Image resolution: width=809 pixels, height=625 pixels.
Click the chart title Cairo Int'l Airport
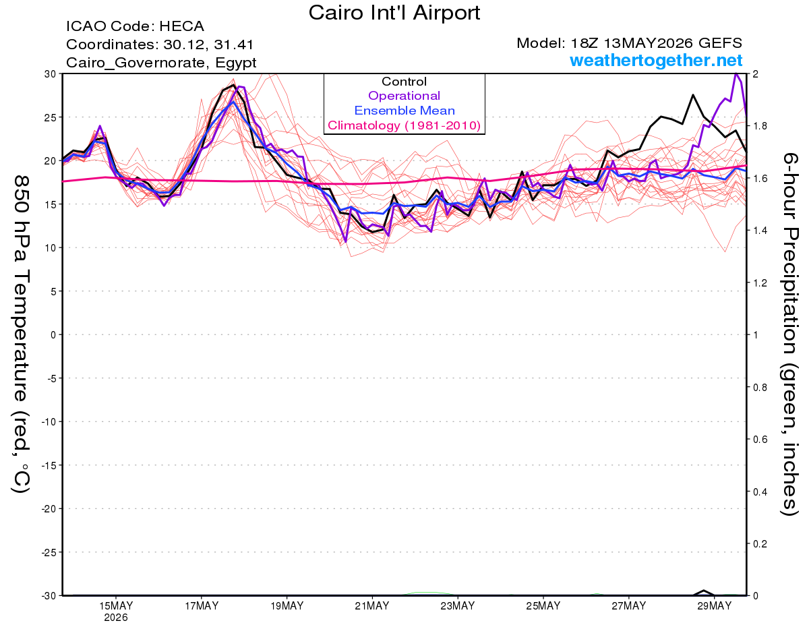point(394,13)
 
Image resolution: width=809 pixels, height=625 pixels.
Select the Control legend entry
point(404,82)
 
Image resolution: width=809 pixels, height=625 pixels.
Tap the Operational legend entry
point(404,96)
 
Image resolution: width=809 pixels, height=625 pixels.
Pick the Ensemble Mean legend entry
point(404,110)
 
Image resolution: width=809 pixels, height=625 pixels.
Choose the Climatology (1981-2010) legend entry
point(404,125)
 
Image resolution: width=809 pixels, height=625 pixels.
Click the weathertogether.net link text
point(656,60)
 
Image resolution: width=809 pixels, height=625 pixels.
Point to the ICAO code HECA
point(181,26)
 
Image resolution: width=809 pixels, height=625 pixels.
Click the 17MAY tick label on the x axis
point(202,606)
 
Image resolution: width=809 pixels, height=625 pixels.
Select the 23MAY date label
point(458,606)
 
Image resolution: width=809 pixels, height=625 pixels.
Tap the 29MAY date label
point(715,606)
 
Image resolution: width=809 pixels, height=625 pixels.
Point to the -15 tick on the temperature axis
point(49,465)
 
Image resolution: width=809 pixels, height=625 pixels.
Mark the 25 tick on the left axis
point(51,117)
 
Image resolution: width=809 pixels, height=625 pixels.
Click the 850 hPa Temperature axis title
point(21,334)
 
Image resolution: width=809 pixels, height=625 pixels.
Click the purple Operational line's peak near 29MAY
point(736,73)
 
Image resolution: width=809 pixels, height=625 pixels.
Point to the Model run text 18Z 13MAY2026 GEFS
point(629,43)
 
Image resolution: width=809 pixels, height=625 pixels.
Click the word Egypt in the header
point(236,63)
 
